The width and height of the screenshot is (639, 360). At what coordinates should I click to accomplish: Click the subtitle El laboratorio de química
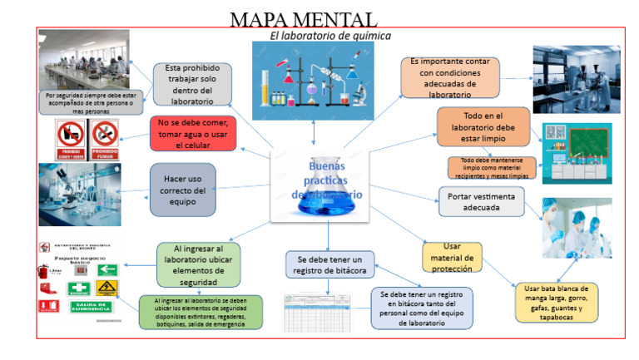(x=330, y=37)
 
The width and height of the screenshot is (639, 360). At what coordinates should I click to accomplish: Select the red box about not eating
(x=192, y=133)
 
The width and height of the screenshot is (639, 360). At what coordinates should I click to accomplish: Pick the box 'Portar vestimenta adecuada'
(x=481, y=201)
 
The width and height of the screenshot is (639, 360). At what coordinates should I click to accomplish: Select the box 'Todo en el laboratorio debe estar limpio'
(x=483, y=126)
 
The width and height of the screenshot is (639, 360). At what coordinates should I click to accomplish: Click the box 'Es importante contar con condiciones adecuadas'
(x=449, y=77)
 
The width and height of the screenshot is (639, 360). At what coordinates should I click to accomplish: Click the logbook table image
(x=321, y=313)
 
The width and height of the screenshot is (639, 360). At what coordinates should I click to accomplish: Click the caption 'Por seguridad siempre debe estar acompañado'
(x=92, y=101)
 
